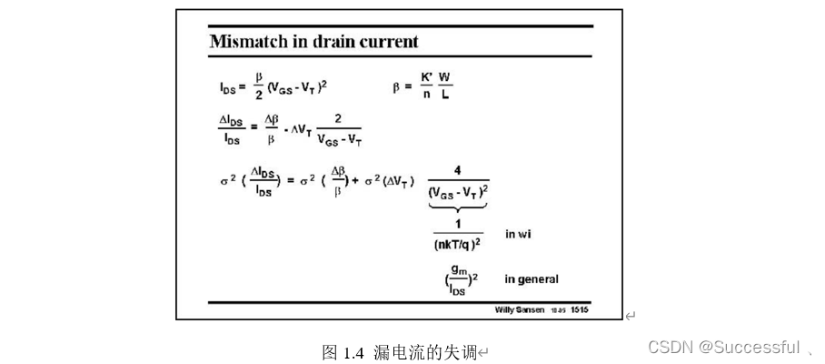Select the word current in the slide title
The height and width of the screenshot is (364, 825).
coord(390,42)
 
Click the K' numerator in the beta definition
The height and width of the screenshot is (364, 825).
coord(426,76)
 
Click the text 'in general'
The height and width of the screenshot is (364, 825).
coord(532,279)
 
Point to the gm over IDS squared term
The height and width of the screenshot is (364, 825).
coord(457,279)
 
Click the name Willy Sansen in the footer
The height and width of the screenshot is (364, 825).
coord(520,309)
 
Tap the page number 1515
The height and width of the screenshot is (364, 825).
coord(580,309)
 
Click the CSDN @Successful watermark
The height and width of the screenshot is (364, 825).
coord(723,347)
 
